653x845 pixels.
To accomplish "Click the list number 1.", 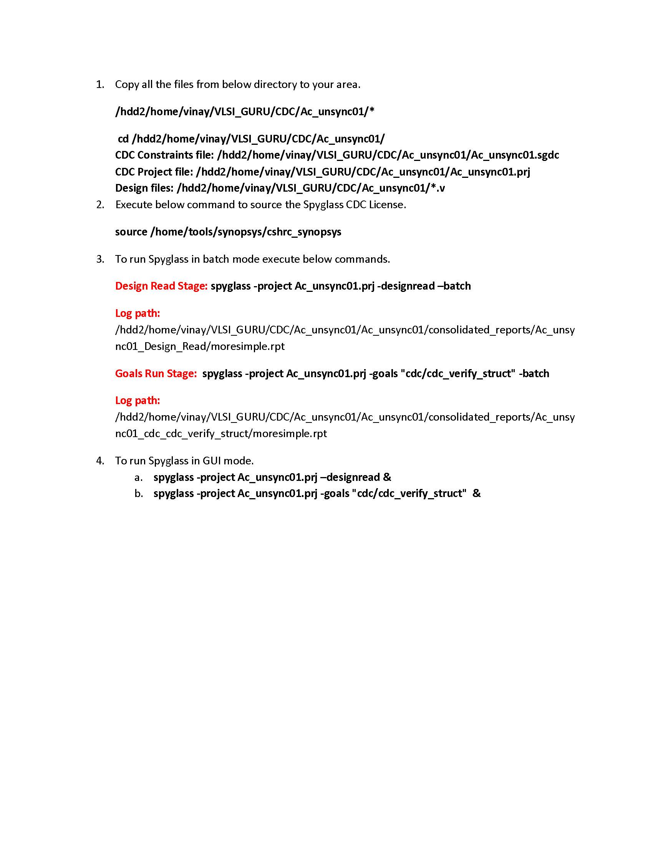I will pyautogui.click(x=100, y=84).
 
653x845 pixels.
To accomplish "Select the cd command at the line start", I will pyautogui.click(x=123, y=139).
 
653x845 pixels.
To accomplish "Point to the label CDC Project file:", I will pyautogui.click(x=154, y=172).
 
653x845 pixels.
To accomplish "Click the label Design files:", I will pyautogui.click(x=144, y=188).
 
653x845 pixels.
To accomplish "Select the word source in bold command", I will pyautogui.click(x=131, y=232).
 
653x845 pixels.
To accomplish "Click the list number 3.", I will pyautogui.click(x=100, y=259).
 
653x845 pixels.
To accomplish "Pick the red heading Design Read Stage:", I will pyautogui.click(x=161, y=286).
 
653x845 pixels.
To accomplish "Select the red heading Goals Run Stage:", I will pyautogui.click(x=156, y=373).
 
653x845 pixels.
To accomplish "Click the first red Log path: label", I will pyautogui.click(x=138, y=313).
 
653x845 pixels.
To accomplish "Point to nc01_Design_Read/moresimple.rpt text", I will pyautogui.click(x=200, y=346).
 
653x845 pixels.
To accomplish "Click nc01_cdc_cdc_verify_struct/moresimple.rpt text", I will pyautogui.click(x=221, y=433).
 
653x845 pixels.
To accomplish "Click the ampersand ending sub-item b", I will pyautogui.click(x=476, y=493).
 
